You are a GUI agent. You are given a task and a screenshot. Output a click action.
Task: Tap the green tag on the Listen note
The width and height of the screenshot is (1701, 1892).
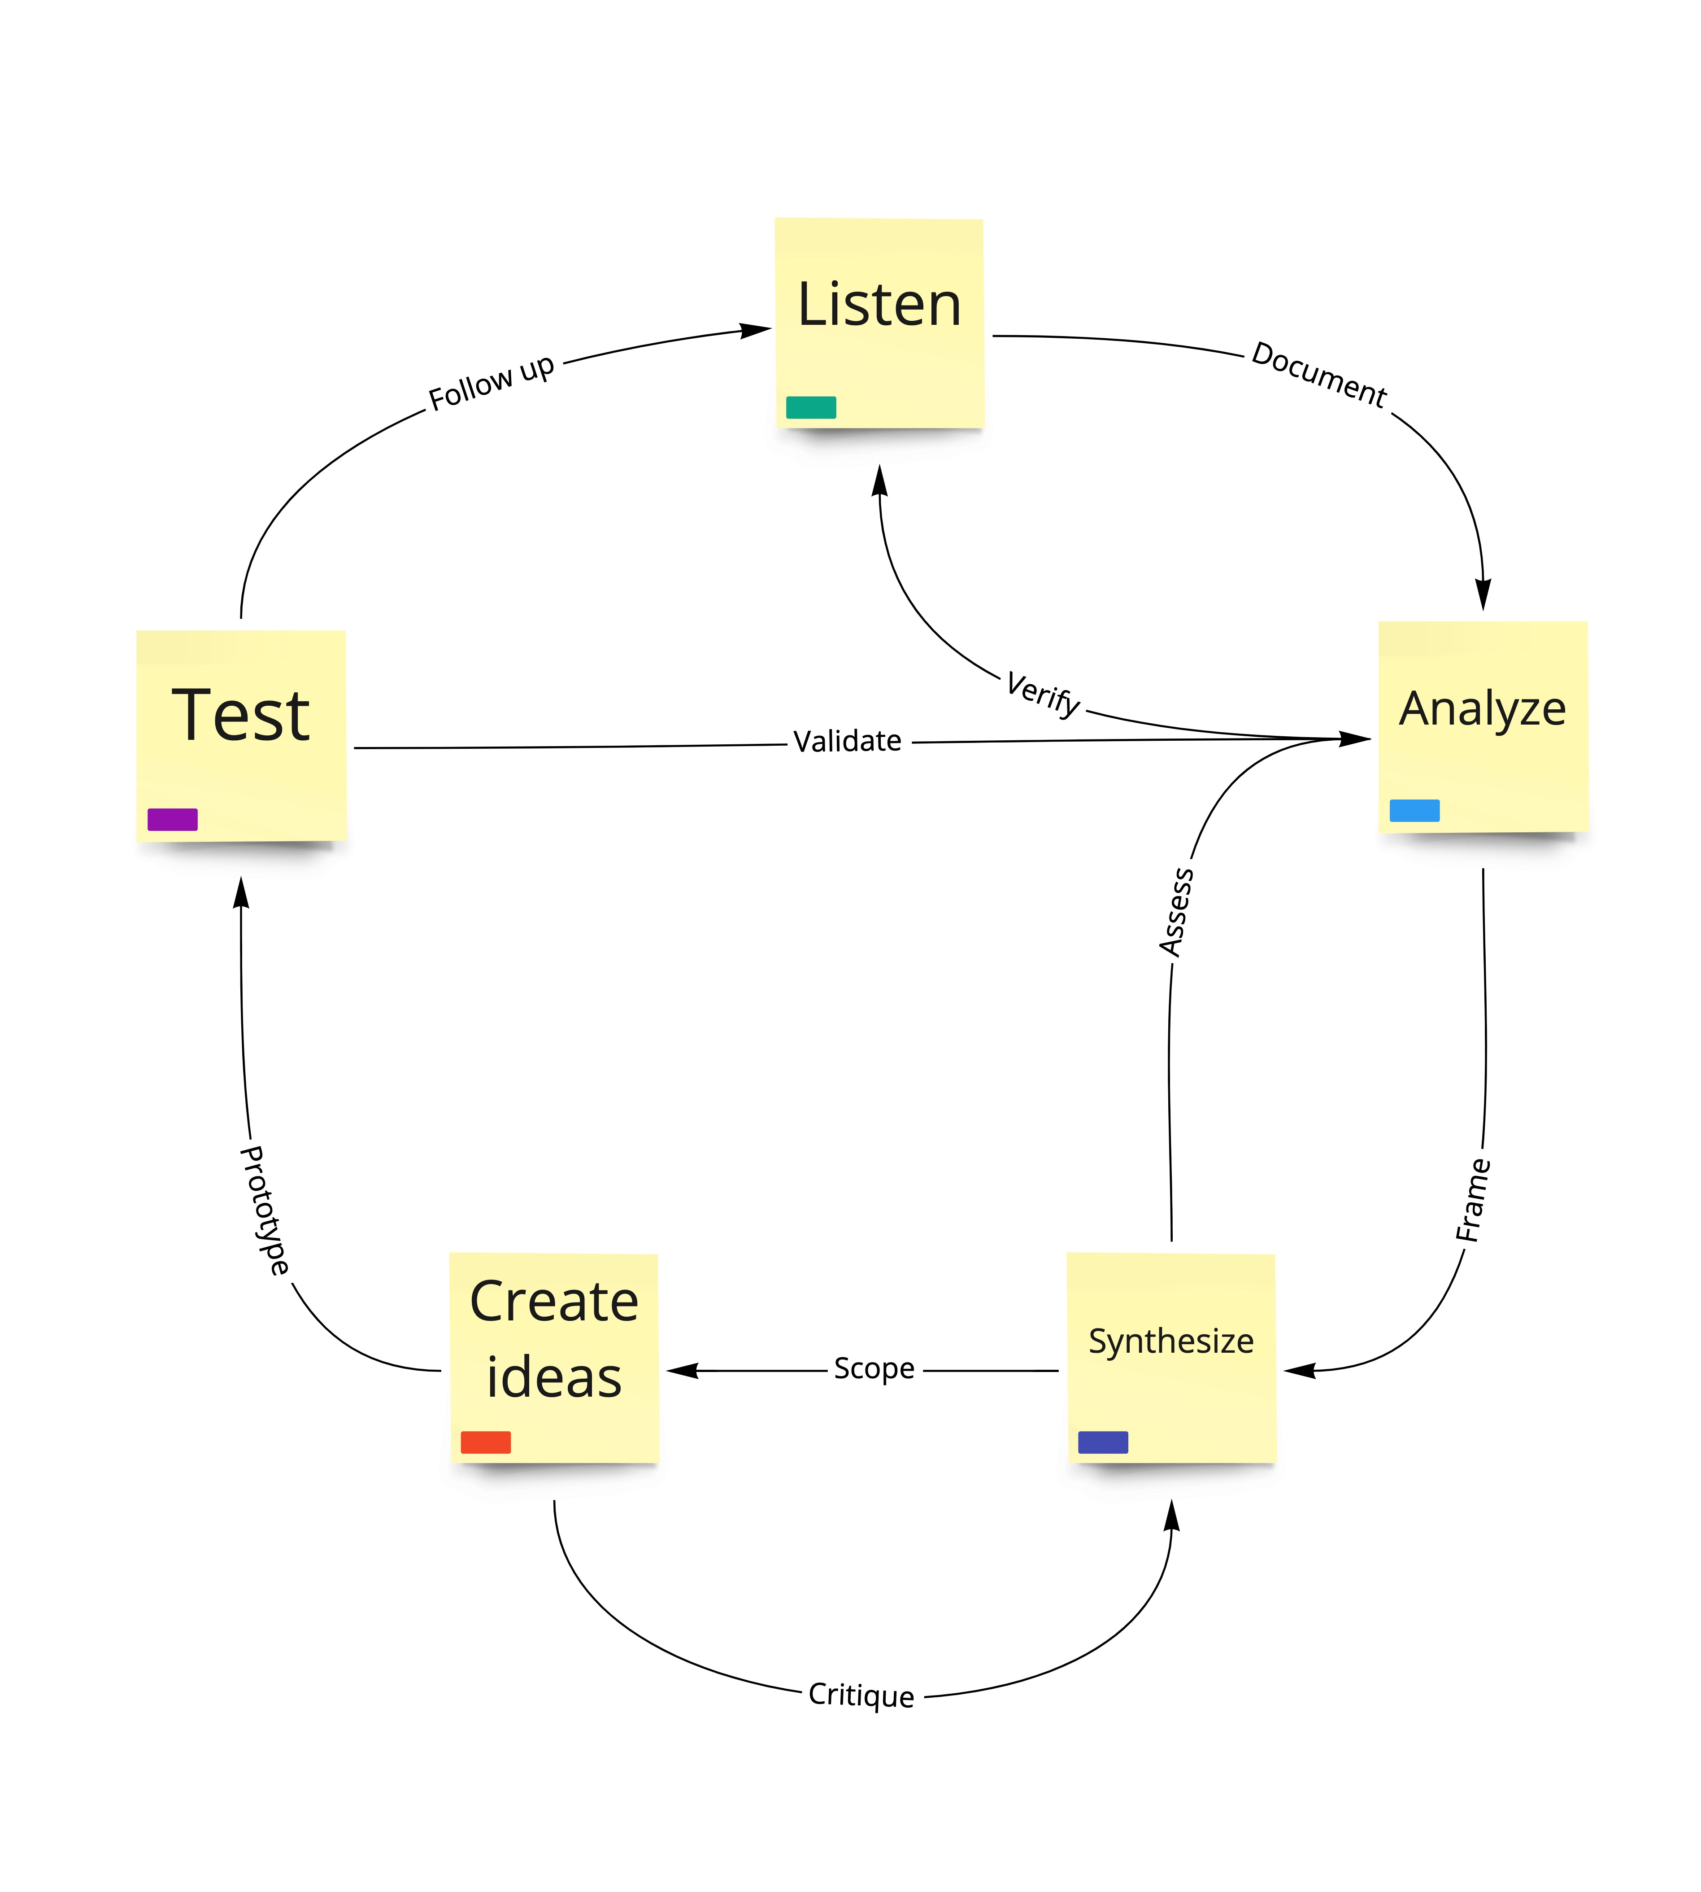tap(810, 407)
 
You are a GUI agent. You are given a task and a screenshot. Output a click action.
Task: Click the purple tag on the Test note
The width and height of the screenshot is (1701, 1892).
tap(172, 820)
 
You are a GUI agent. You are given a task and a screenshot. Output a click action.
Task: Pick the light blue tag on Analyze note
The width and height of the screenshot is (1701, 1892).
tap(1414, 810)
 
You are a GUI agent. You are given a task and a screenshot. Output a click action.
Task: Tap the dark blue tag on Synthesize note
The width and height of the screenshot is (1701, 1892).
tap(1103, 1442)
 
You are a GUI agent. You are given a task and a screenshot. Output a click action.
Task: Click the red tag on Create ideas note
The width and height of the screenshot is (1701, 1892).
tap(485, 1442)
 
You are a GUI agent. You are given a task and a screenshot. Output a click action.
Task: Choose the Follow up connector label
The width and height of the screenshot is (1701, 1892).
tap(492, 381)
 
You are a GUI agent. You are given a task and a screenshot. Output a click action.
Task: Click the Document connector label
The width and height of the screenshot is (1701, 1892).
tap(1319, 374)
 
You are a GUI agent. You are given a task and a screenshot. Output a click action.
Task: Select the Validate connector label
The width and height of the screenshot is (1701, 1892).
tap(848, 741)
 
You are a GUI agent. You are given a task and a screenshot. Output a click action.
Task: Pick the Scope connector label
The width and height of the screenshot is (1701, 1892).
tap(874, 1368)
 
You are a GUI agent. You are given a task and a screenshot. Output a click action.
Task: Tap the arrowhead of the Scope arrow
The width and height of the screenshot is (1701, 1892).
tap(680, 1370)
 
